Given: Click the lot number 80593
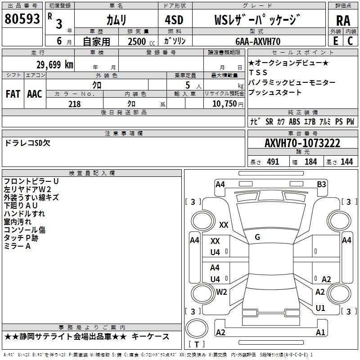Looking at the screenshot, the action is pyautogui.click(x=22, y=19).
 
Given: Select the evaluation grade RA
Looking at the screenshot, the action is pyautogui.click(x=343, y=20).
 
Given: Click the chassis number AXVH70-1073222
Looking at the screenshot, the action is pyautogui.click(x=302, y=144).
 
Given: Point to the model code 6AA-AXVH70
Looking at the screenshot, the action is pyautogui.click(x=258, y=41).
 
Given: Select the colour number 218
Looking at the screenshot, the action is pyautogui.click(x=74, y=104).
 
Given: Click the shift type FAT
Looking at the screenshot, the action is pyautogui.click(x=13, y=94).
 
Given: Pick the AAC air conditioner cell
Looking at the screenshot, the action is pyautogui.click(x=35, y=94).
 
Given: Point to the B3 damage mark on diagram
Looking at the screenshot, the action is pyautogui.click(x=321, y=184).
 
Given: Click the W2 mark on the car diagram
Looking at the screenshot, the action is pyautogui.click(x=221, y=292).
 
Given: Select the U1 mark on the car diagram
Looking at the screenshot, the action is pyautogui.click(x=320, y=308).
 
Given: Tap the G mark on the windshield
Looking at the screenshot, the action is pyautogui.click(x=257, y=237).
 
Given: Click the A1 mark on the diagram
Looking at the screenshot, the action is pyautogui.click(x=320, y=333).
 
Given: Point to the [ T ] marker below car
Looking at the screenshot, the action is pyautogui.click(x=197, y=345).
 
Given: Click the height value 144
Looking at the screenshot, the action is pyautogui.click(x=346, y=162).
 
